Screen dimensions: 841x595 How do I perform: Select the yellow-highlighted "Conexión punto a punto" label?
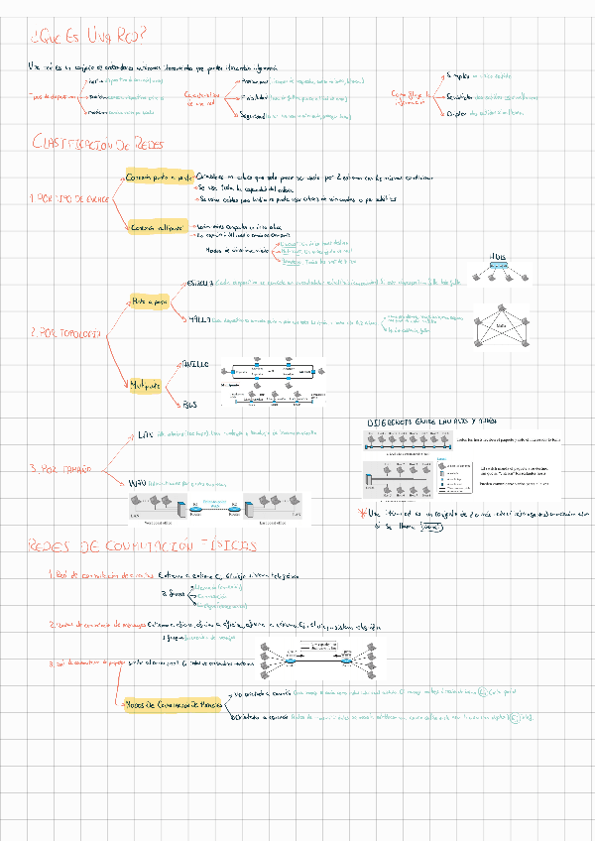point(157,177)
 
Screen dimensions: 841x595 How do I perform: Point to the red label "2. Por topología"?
point(65,333)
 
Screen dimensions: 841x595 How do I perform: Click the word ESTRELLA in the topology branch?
point(200,283)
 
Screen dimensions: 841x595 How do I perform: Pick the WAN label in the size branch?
point(143,482)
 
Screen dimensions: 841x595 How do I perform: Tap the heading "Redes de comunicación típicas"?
point(143,546)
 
